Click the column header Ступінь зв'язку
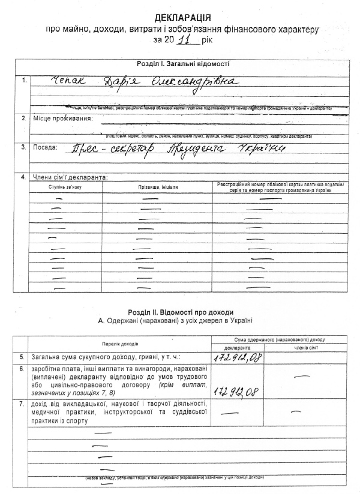[64, 188]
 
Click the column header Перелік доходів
[119, 344]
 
